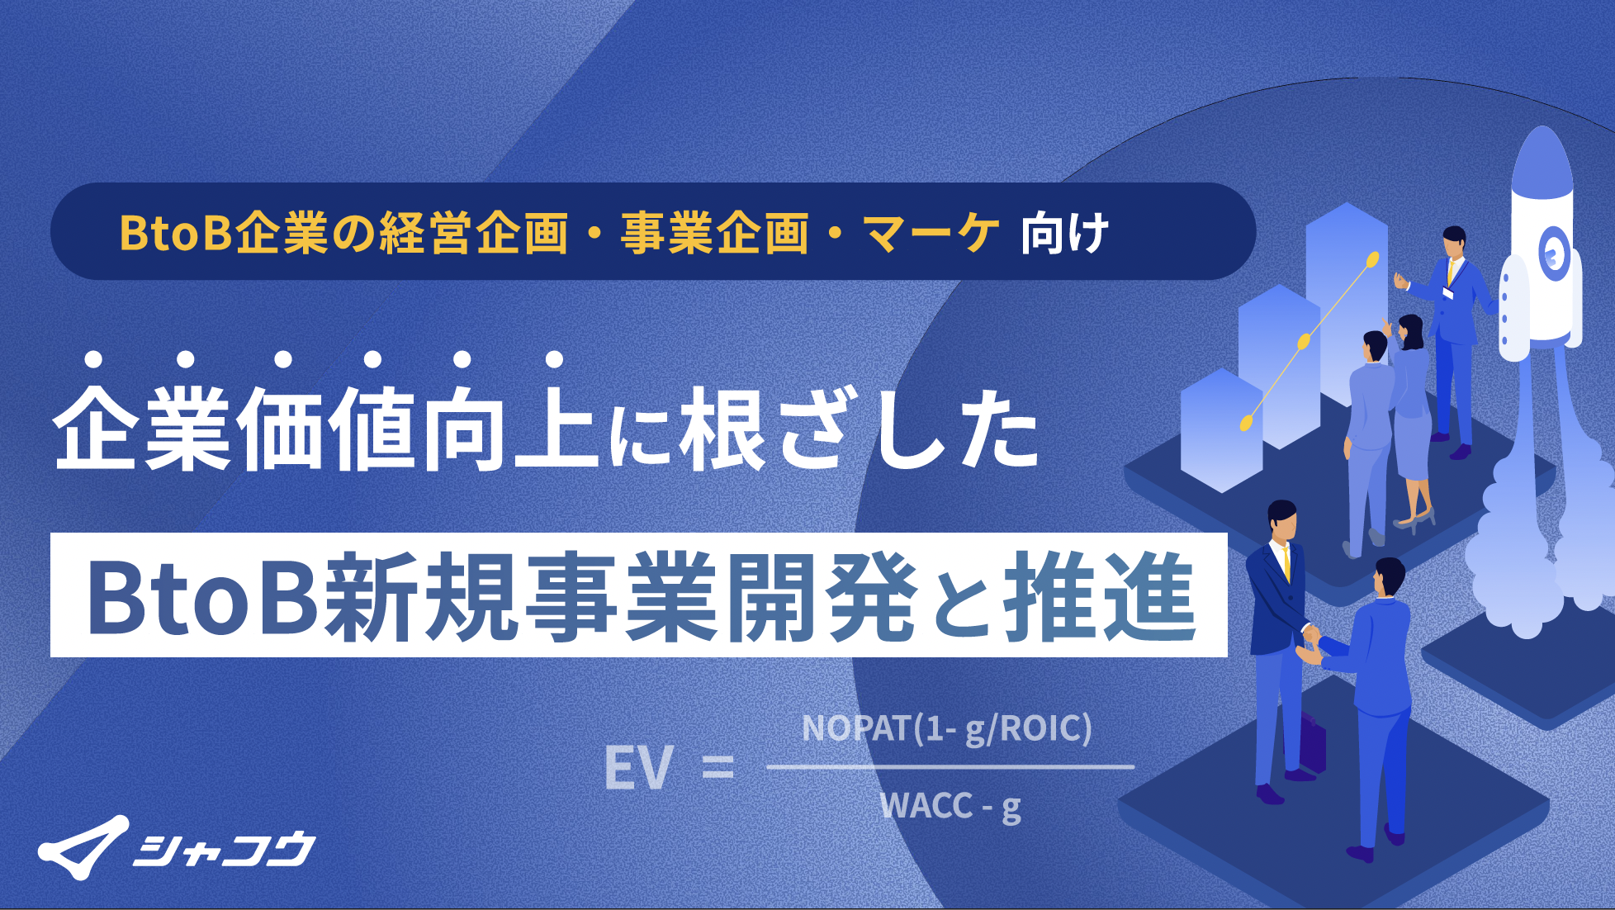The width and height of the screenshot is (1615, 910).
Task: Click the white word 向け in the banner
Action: [x=1064, y=234]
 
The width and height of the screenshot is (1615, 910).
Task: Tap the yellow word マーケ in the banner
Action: [x=931, y=234]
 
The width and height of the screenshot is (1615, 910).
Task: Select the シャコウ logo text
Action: [x=225, y=849]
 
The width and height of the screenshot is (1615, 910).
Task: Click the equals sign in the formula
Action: [x=717, y=768]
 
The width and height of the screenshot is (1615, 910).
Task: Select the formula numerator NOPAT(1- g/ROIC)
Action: [x=947, y=728]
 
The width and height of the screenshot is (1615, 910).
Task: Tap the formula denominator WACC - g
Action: [x=950, y=806]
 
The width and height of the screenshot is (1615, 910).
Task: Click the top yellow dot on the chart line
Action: [x=1372, y=260]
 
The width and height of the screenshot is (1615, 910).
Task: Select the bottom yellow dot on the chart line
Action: [x=1247, y=423]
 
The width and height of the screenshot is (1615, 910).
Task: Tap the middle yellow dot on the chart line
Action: [x=1304, y=341]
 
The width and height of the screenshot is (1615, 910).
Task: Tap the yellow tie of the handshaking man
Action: [x=1286, y=562]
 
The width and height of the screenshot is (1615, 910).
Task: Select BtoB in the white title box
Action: [x=202, y=596]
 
